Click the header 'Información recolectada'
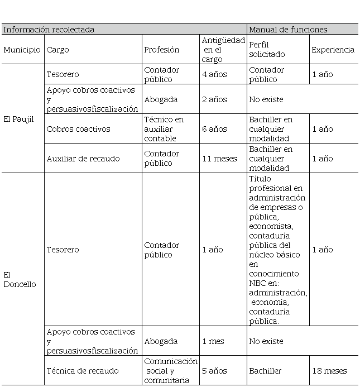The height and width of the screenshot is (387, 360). pos(49,30)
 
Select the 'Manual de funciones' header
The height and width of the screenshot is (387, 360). pos(288,30)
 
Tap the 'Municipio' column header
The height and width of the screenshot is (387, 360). pos(22,50)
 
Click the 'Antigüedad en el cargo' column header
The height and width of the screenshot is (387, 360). pos(223,50)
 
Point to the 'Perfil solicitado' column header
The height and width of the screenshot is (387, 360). pos(267,50)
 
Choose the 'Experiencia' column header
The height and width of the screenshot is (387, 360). pos(333,50)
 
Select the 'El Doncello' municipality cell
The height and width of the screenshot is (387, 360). pos(20,279)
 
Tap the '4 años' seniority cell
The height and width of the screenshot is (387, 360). pos(214,74)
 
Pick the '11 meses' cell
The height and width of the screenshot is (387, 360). pos(219,159)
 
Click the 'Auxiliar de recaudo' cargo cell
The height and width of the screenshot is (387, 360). pos(83,159)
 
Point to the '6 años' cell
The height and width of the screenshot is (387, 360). pos(214,129)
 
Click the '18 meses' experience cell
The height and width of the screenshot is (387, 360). pos(329,371)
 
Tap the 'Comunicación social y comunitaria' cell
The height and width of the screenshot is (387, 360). pos(171,371)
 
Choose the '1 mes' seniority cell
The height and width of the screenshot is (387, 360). pos(213,341)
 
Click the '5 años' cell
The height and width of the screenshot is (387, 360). pos(214,371)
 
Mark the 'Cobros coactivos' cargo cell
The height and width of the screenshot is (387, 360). pos(79,129)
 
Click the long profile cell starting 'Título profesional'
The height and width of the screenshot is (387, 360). pos(277,250)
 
